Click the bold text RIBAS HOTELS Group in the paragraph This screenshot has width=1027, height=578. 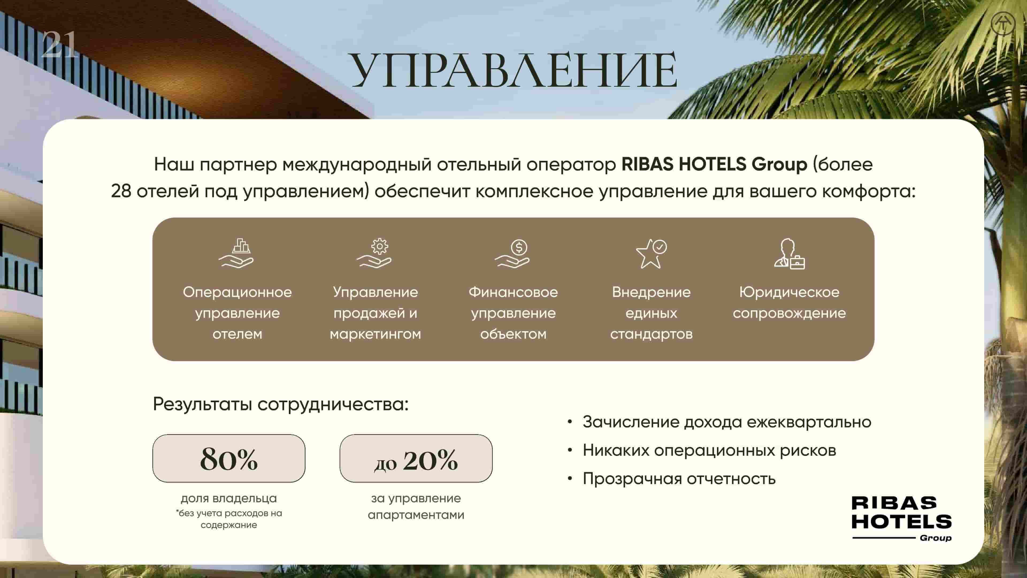[x=714, y=164]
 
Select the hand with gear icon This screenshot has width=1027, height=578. [x=374, y=253]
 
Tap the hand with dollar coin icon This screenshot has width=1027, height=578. [x=512, y=253]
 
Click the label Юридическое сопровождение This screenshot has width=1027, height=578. [x=789, y=303]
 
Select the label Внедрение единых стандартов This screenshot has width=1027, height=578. [x=651, y=313]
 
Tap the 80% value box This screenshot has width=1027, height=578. [x=229, y=458]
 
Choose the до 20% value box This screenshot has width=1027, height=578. [x=416, y=458]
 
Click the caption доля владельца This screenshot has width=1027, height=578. [x=229, y=498]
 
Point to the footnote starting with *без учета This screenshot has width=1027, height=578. [x=229, y=519]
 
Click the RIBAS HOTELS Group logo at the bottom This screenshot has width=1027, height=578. [x=901, y=519]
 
